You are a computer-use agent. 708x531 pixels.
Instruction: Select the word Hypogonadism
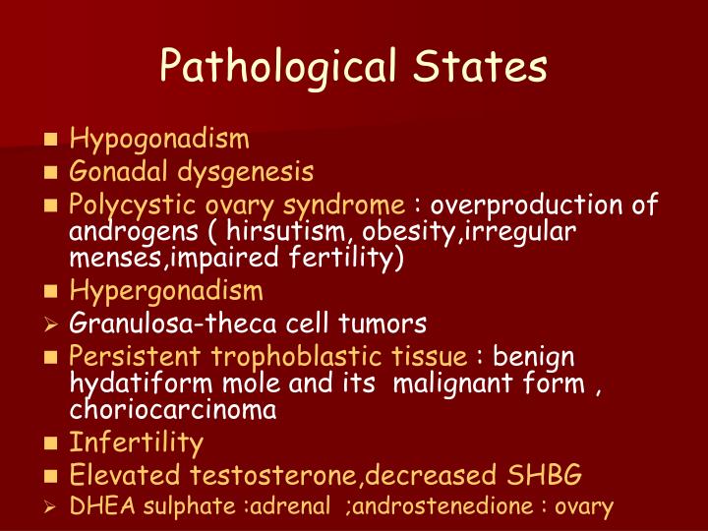(x=159, y=140)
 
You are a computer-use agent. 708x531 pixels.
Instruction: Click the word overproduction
(x=530, y=206)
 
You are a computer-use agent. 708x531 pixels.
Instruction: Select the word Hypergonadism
(x=166, y=291)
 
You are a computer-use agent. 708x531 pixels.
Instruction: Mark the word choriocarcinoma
(x=172, y=409)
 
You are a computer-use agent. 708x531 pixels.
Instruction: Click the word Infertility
(x=136, y=442)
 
